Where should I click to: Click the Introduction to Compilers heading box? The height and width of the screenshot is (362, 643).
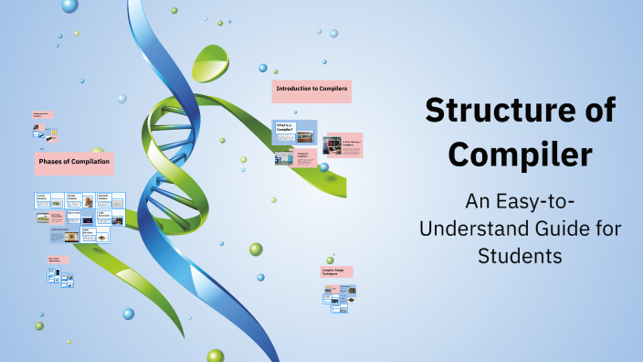(x=311, y=90)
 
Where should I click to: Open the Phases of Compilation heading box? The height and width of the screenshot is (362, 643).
(x=74, y=163)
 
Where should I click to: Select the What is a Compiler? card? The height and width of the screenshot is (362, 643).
(x=295, y=131)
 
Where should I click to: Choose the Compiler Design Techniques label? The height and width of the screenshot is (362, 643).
(x=336, y=271)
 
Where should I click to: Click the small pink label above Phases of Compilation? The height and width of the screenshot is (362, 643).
(x=42, y=115)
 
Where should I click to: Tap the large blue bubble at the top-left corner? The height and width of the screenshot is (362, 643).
(x=69, y=5)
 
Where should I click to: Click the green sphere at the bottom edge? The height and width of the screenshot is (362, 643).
(x=216, y=355)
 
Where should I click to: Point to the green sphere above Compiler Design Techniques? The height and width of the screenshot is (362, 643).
(x=256, y=249)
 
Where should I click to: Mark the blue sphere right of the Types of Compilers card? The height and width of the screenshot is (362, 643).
(x=323, y=167)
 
